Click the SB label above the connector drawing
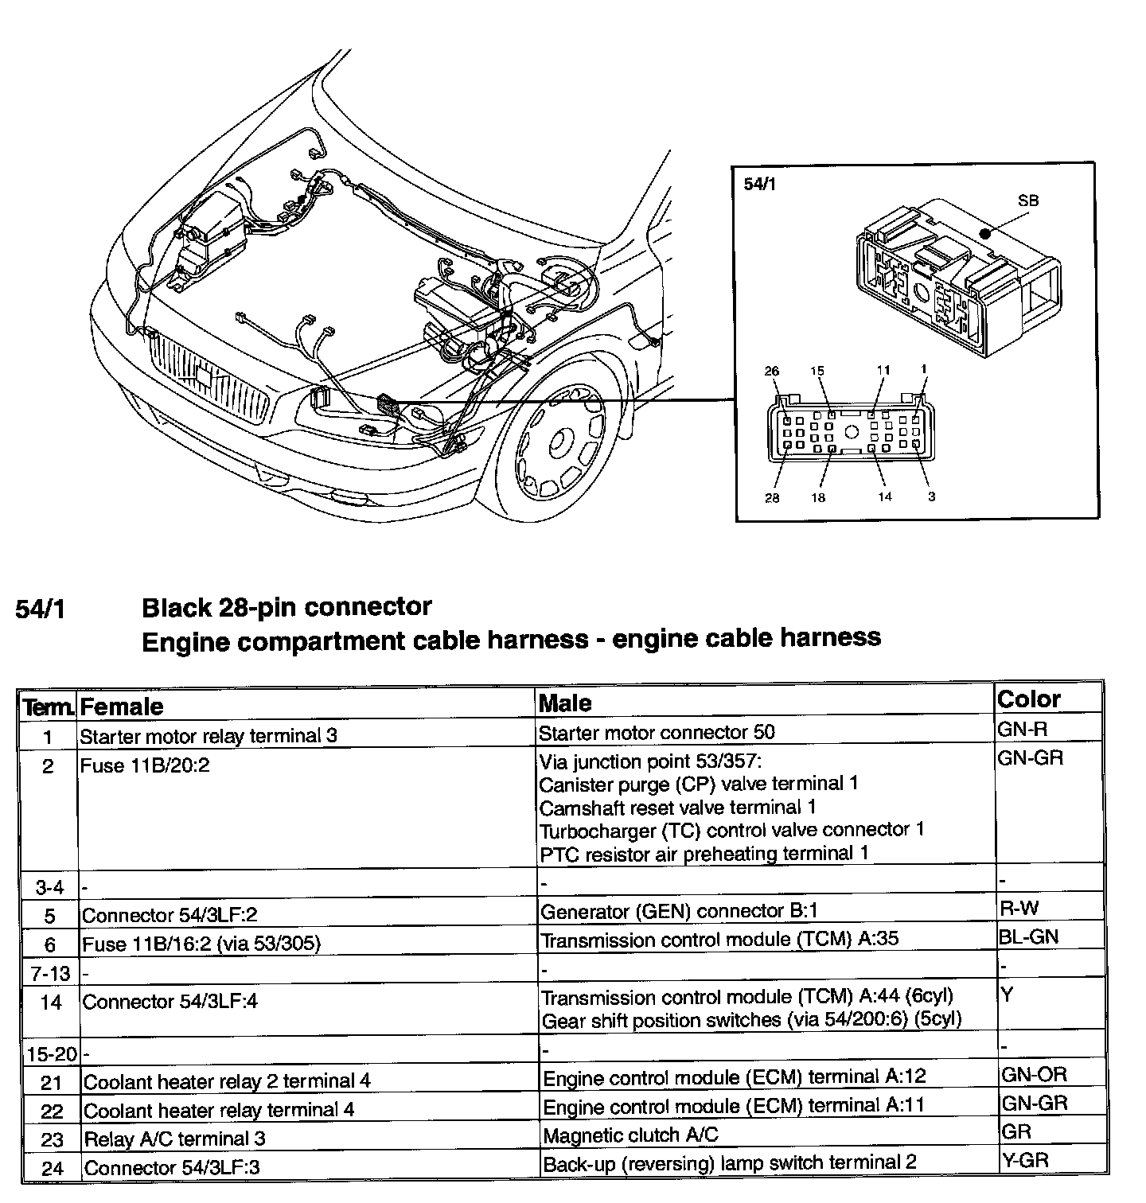1028,201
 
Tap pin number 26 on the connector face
772,371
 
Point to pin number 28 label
772,498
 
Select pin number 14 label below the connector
884,497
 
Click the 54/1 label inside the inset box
759,184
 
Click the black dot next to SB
985,234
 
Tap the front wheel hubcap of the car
561,440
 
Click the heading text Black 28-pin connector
286,607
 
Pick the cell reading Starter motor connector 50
657,732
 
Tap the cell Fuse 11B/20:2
145,766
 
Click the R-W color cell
1019,908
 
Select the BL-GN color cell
1028,936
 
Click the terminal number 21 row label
51,1082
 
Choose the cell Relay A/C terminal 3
174,1139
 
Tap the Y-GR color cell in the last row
1025,1159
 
